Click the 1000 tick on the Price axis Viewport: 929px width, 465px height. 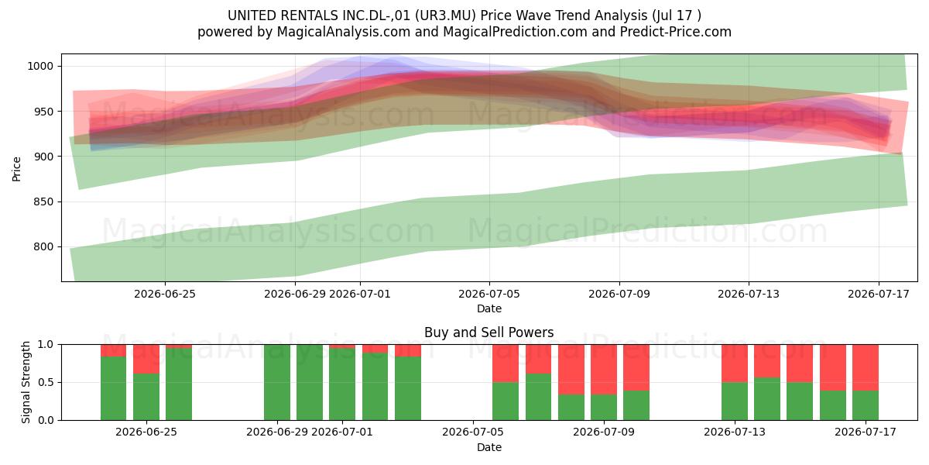pyautogui.click(x=40, y=66)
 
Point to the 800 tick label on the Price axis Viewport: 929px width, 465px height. pyautogui.click(x=43, y=246)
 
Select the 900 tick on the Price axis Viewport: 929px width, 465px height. pyautogui.click(x=43, y=157)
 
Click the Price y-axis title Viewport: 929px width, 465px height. pyautogui.click(x=16, y=169)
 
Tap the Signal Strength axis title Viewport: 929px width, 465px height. pyautogui.click(x=26, y=382)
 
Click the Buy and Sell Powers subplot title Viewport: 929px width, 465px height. pyautogui.click(x=489, y=332)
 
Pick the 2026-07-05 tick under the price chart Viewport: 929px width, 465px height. pyautogui.click(x=489, y=294)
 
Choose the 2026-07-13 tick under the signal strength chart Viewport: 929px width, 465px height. pyautogui.click(x=735, y=432)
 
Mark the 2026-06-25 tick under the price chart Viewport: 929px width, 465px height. pyautogui.click(x=165, y=294)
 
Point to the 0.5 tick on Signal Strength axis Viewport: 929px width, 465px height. pyautogui.click(x=46, y=382)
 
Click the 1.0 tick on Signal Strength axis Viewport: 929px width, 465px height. pyautogui.click(x=46, y=344)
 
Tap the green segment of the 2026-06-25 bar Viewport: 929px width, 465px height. pyautogui.click(x=146, y=397)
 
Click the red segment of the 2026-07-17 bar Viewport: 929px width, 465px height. pyautogui.click(x=866, y=367)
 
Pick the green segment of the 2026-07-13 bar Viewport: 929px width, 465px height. pyautogui.click(x=735, y=401)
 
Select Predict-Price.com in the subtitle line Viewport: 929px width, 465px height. pyautogui.click(x=676, y=32)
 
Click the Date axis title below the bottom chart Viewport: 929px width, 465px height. pyautogui.click(x=489, y=447)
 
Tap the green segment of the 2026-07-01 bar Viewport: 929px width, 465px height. pyautogui.click(x=342, y=384)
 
